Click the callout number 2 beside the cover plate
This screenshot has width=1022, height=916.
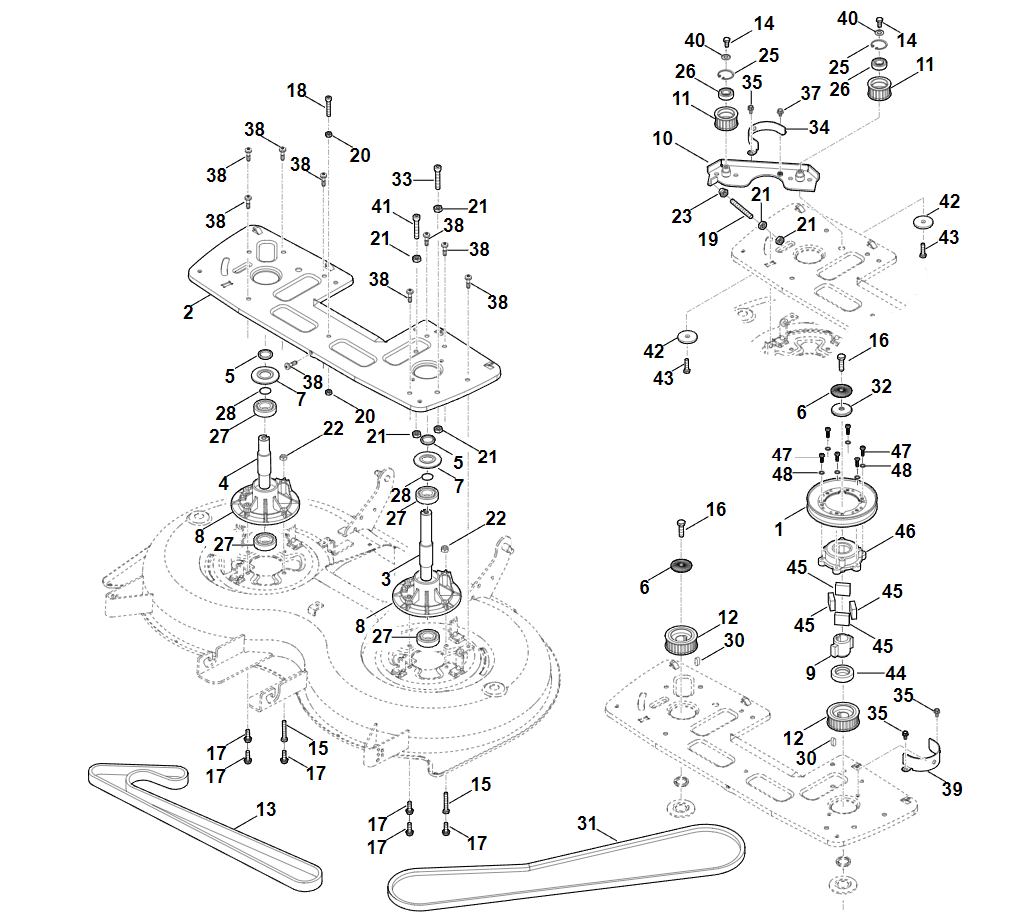click(188, 313)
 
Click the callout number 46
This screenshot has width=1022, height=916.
click(905, 533)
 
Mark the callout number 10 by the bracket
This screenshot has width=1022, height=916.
click(662, 139)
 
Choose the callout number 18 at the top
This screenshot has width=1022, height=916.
click(297, 90)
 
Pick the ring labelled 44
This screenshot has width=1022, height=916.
click(843, 672)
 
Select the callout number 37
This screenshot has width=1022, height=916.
click(811, 93)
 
